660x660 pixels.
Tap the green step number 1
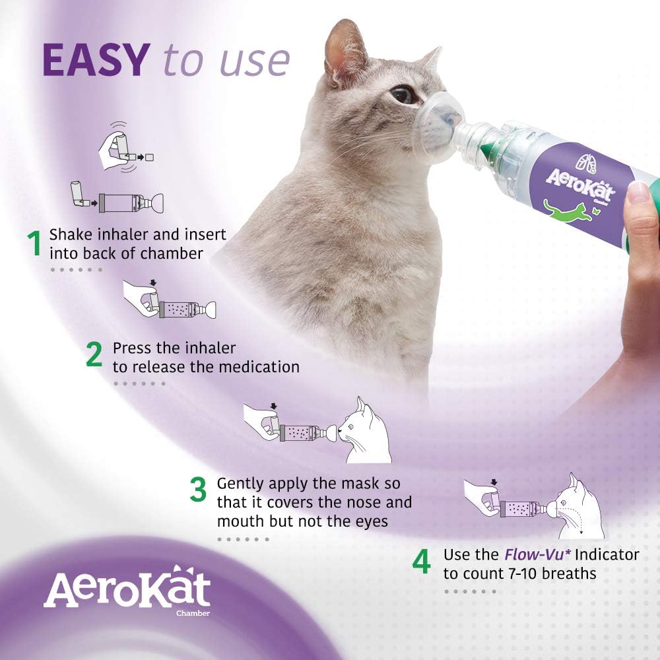click(33, 244)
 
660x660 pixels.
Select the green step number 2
click(94, 355)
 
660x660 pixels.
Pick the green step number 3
click(199, 491)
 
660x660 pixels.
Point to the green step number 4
click(421, 562)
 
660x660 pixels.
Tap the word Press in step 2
click(132, 347)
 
